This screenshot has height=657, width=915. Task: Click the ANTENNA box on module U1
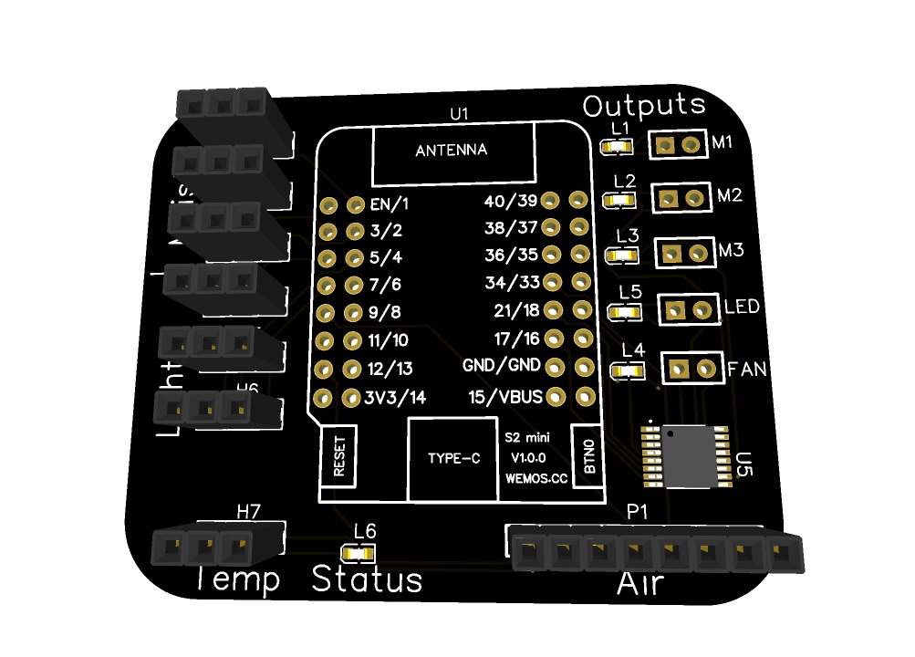(452, 152)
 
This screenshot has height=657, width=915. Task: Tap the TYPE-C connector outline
(453, 459)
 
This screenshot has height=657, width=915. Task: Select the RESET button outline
(339, 457)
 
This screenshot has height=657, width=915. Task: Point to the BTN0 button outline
(588, 456)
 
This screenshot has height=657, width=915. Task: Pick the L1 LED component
(618, 146)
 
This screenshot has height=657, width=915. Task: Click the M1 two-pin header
(679, 144)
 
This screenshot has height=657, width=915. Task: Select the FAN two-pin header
(691, 369)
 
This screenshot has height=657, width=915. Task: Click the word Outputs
(644, 105)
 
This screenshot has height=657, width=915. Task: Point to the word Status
(367, 579)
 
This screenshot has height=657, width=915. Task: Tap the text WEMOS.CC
(535, 477)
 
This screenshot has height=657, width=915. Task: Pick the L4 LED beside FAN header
(627, 371)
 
